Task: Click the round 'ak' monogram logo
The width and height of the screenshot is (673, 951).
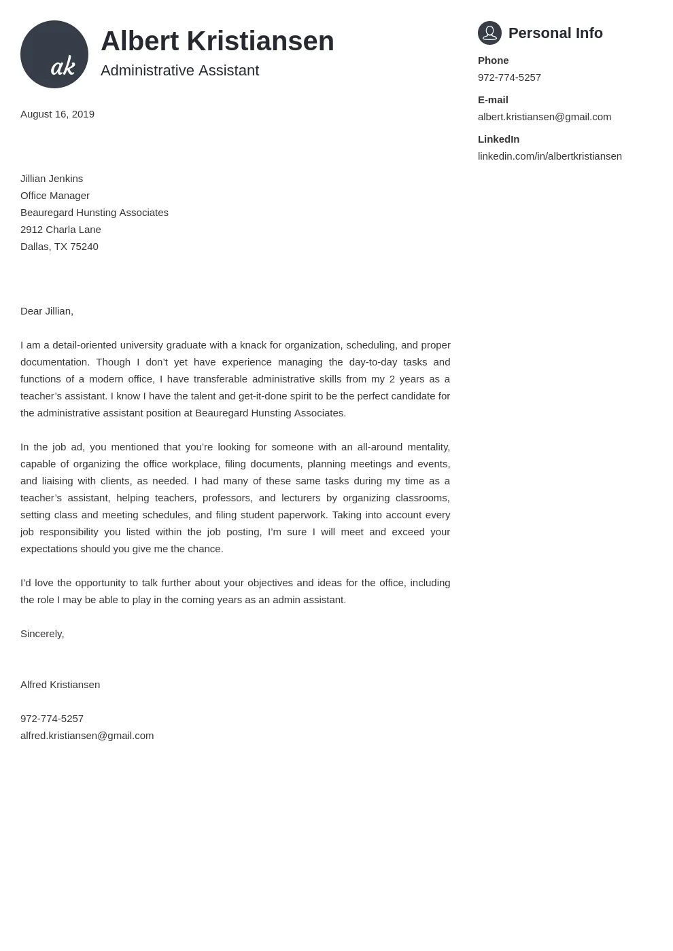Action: (54, 54)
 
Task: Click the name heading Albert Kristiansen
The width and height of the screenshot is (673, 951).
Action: (217, 41)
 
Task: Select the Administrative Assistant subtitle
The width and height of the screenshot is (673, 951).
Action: (179, 71)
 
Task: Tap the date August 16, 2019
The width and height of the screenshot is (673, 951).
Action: (57, 114)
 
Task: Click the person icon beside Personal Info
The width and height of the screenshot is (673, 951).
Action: (489, 33)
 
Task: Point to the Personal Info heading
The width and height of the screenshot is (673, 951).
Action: (555, 33)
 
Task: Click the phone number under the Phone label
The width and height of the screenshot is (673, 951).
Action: (509, 77)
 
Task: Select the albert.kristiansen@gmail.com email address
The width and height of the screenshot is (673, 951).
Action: (544, 117)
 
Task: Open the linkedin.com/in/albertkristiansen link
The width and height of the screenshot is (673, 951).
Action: (549, 156)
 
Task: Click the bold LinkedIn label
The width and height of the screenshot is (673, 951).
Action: (498, 139)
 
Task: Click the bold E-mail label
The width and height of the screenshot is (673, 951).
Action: (493, 100)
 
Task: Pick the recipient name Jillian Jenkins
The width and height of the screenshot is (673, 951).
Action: (52, 179)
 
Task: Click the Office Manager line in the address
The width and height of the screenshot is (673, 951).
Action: (55, 196)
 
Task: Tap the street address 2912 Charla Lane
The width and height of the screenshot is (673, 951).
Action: (61, 230)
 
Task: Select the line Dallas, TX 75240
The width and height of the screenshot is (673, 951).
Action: (59, 247)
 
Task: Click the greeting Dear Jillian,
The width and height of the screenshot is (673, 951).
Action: (47, 311)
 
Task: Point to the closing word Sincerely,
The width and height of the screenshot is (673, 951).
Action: (42, 634)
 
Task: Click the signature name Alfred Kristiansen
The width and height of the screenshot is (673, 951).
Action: (60, 685)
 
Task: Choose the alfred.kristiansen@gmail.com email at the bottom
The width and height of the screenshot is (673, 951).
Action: (87, 736)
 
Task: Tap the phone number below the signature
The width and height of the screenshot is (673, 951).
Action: (52, 719)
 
